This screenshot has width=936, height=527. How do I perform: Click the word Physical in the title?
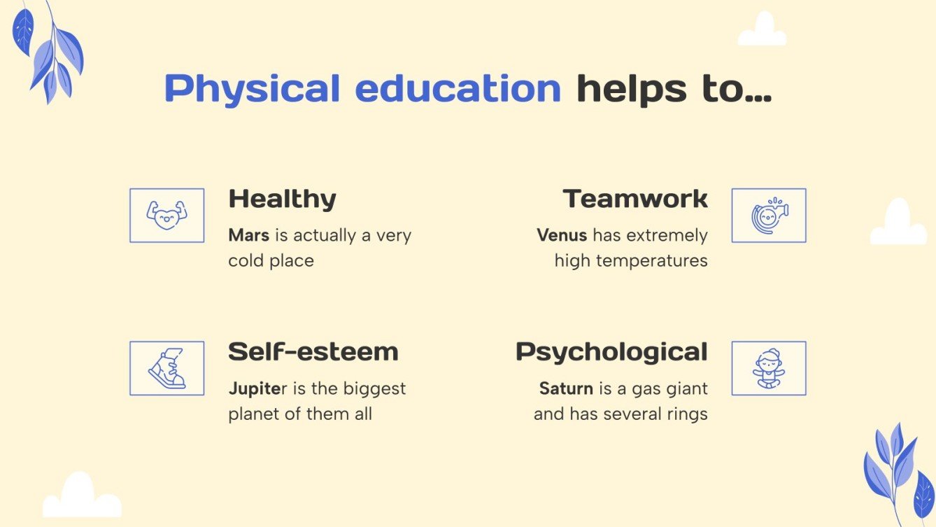(x=252, y=89)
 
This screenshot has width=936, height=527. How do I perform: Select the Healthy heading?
(x=282, y=199)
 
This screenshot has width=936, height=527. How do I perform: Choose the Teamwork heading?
(x=635, y=199)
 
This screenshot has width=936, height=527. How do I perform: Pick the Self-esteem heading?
(x=313, y=351)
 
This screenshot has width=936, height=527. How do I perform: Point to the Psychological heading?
(x=611, y=351)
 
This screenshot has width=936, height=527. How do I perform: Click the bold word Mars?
(x=248, y=235)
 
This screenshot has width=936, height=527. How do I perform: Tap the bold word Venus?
(x=562, y=235)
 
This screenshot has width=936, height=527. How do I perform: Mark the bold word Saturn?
(x=566, y=388)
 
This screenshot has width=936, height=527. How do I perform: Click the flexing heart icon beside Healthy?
(x=167, y=215)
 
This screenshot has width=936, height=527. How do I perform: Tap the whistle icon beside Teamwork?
(x=769, y=215)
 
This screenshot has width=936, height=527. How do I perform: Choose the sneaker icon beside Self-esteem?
(x=167, y=368)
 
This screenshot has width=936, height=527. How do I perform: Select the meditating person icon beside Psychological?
(x=769, y=368)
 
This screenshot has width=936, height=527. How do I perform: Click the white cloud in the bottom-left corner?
(x=80, y=498)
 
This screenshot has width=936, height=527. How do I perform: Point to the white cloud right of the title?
(x=763, y=31)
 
